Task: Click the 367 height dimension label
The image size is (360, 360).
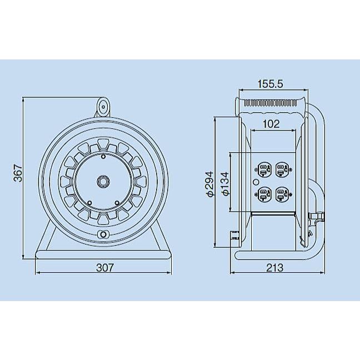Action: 18,173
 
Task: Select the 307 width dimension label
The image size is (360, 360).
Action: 105,268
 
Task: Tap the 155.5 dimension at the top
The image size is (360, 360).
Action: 271,84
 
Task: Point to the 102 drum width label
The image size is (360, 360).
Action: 271,124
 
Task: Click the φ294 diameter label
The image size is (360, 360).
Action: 210,184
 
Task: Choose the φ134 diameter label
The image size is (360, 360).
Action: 226,184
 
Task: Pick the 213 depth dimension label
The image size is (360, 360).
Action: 275,268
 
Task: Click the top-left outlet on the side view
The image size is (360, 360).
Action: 263,169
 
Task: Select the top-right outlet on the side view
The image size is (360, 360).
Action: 282,169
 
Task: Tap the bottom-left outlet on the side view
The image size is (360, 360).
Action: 263,194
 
